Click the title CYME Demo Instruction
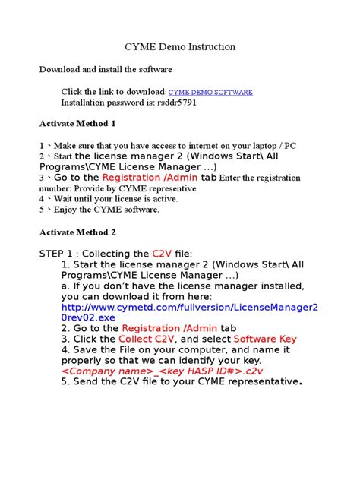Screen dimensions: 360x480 179,47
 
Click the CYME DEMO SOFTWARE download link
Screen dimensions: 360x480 210,92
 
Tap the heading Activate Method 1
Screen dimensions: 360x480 77,123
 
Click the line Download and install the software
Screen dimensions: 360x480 106,70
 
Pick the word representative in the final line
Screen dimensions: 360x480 261,381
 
